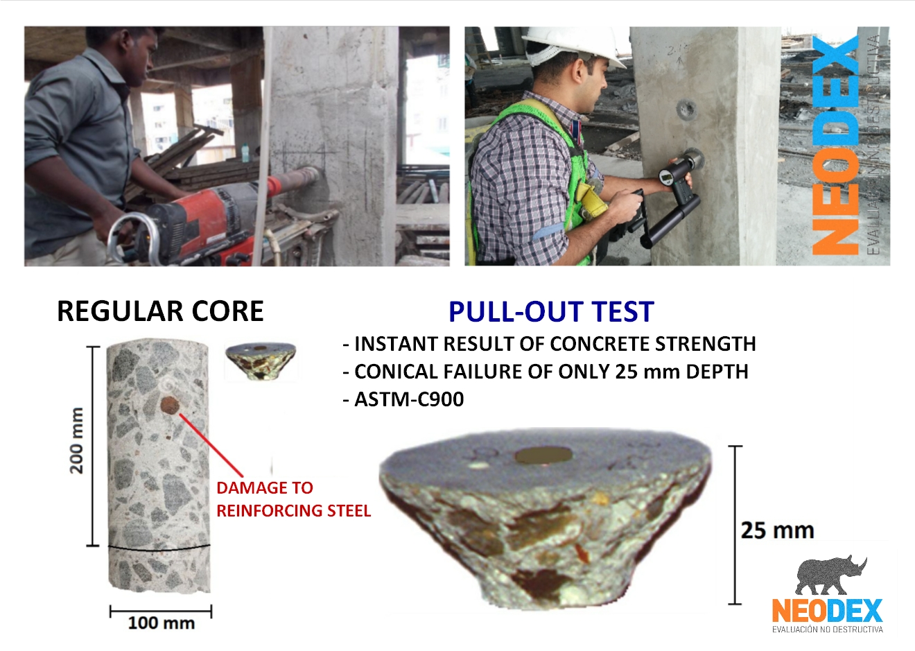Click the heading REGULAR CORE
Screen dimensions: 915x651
click(160, 311)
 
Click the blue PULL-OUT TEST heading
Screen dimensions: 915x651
click(552, 312)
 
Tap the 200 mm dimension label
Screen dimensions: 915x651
click(76, 440)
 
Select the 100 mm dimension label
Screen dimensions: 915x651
click(161, 623)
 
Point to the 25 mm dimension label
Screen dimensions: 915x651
click(777, 530)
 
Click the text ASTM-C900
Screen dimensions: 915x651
click(409, 399)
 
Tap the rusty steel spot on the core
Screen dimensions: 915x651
click(170, 405)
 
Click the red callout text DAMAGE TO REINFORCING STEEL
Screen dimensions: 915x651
click(293, 499)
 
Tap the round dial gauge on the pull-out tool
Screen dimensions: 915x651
click(665, 177)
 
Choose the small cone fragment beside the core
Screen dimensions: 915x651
click(260, 361)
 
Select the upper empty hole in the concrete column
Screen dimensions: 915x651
click(686, 110)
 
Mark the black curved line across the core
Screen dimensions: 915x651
click(159, 548)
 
